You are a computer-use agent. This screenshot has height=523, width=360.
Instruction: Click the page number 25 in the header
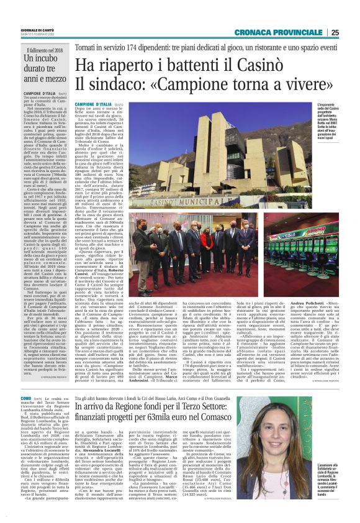point(351,32)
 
